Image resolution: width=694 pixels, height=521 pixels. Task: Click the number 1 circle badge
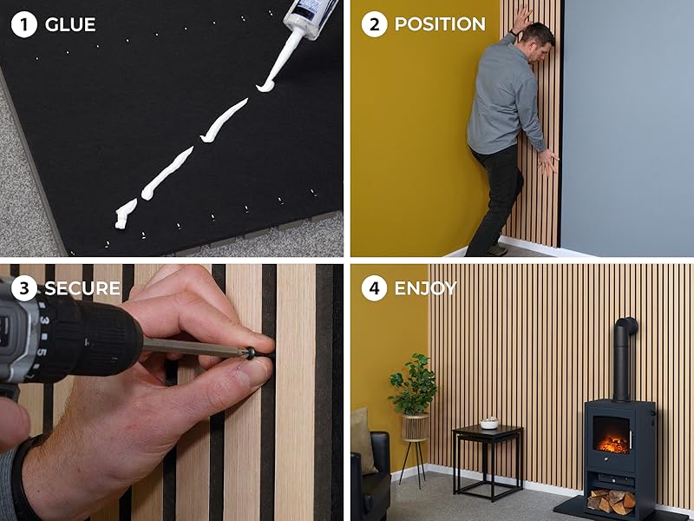(x=24, y=24)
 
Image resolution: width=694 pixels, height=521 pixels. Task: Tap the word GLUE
(x=70, y=25)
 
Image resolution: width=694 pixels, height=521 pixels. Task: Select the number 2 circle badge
(x=375, y=24)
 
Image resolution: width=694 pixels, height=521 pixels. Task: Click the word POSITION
(x=440, y=24)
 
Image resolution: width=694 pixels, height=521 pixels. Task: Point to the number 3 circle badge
(x=24, y=288)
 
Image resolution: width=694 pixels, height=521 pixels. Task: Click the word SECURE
(x=82, y=288)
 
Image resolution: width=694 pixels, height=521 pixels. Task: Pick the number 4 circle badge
(x=375, y=288)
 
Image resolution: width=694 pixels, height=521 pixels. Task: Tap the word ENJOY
(x=425, y=288)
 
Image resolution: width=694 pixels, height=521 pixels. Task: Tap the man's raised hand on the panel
(x=521, y=18)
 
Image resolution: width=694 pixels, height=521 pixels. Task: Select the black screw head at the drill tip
(x=251, y=353)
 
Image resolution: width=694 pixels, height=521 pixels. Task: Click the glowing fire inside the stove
(x=612, y=444)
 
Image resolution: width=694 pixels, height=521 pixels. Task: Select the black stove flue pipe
(x=623, y=359)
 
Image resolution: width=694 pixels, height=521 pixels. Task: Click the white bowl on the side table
(x=489, y=424)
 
